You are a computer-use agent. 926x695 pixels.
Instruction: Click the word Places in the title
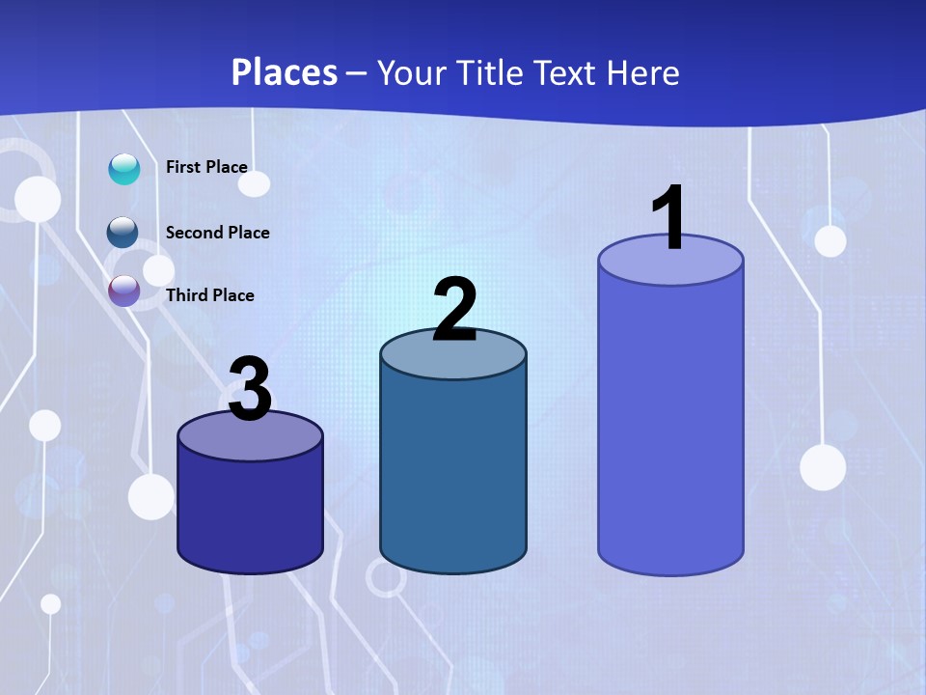285,72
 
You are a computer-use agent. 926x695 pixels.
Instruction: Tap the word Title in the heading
488,72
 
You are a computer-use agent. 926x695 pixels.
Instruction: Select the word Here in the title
643,72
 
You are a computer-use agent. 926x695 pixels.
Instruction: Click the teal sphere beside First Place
124,169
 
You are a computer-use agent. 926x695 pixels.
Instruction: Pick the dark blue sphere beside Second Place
123,233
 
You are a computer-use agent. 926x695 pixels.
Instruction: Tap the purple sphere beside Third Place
124,291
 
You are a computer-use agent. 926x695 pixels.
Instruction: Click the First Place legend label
206,167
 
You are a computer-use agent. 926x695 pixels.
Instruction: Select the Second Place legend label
217,233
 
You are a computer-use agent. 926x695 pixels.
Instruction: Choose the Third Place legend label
209,295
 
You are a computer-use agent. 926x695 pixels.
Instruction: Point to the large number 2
454,311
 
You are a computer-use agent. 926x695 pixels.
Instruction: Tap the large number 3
250,390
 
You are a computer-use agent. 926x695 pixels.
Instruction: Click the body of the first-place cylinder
670,425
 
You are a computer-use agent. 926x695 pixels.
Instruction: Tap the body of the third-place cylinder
250,512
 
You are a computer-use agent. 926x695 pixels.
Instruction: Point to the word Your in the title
409,72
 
